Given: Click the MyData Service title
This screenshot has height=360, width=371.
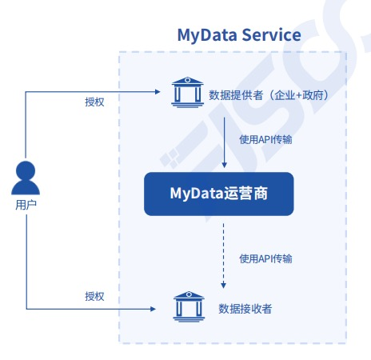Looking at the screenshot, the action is coord(239,35).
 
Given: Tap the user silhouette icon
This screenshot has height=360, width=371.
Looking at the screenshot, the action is coord(26,178).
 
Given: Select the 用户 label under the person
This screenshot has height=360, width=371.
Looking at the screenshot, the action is coord(26,205).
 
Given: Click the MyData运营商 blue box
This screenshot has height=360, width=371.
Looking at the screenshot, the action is coord(219,194).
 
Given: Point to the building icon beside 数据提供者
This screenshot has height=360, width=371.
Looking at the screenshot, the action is coord(188,92).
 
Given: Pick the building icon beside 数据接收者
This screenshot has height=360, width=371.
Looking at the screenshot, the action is coord(189,306).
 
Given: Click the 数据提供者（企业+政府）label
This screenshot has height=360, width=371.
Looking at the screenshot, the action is coord(269,95).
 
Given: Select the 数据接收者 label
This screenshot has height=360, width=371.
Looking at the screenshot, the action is coord(245,309).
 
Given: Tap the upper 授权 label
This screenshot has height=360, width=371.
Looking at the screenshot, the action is coord(94,102).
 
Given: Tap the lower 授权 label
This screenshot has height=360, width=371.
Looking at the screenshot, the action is coord(94,296).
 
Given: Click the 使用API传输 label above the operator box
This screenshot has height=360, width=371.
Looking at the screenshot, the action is coord(265,139).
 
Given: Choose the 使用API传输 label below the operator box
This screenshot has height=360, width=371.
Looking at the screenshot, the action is coord(265,258).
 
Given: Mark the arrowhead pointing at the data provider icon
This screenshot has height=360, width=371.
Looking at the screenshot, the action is coord(158,92).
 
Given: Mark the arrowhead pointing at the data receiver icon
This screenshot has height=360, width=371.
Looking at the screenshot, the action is coord(153,309).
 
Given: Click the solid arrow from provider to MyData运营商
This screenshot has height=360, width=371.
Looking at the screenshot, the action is coord(225,142).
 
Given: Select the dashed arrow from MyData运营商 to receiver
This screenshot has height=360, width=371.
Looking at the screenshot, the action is coord(224,256).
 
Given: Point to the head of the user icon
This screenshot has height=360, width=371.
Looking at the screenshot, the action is coord(26,170).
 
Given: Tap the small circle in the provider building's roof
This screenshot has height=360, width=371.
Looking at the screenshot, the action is coord(188,80).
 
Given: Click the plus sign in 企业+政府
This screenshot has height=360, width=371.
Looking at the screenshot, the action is coord(299,95).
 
